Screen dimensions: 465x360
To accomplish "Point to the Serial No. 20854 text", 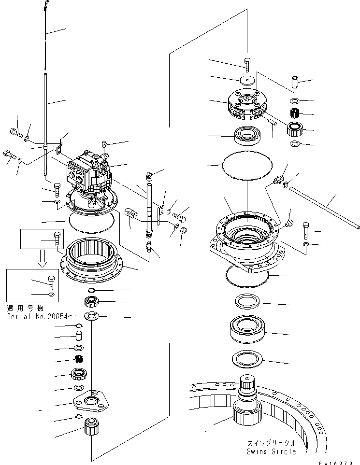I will [40, 316].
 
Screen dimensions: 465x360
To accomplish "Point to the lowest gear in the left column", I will [91, 427].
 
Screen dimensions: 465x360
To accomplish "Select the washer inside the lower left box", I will [52, 294].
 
